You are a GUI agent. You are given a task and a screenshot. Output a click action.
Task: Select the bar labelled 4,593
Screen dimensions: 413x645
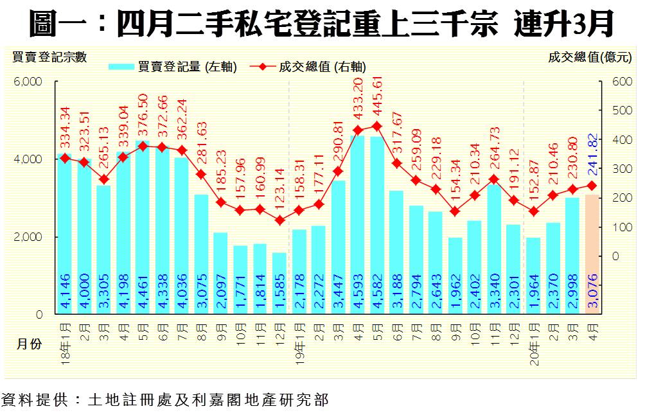pyautogui.click(x=358, y=225)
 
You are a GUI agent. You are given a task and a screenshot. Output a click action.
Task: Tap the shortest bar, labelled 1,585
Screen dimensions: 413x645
pyautogui.click(x=279, y=283)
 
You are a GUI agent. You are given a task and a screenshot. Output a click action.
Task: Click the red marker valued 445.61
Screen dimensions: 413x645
pyautogui.click(x=377, y=126)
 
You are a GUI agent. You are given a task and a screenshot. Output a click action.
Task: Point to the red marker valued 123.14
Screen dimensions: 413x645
pyautogui.click(x=279, y=220)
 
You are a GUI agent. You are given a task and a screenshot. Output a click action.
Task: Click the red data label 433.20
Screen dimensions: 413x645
pyautogui.click(x=358, y=99)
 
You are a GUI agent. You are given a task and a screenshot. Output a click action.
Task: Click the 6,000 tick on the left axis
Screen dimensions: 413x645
pyautogui.click(x=29, y=82)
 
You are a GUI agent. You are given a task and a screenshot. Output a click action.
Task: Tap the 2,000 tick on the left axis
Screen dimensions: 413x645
pyautogui.click(x=29, y=237)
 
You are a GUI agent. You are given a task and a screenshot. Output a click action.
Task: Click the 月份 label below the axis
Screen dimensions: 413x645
pyautogui.click(x=28, y=344)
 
